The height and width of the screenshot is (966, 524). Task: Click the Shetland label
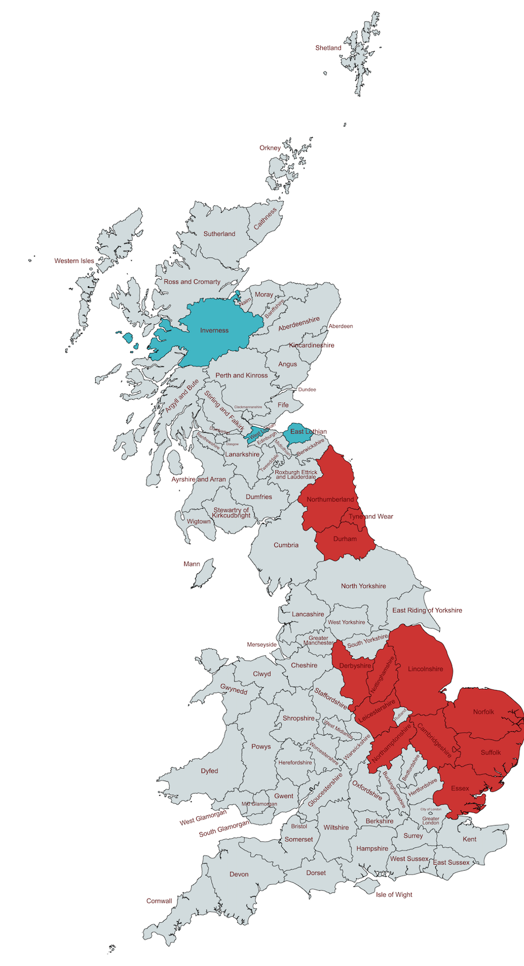(328, 48)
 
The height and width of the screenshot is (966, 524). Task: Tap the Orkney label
(270, 148)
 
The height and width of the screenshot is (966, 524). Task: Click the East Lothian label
(309, 432)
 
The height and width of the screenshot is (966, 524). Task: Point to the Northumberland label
(330, 500)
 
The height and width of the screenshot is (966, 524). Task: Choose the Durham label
(345, 539)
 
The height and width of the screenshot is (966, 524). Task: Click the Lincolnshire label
(425, 669)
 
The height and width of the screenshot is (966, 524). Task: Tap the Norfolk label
(483, 712)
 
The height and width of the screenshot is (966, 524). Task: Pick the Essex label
(460, 788)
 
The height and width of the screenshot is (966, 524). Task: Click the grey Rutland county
(400, 715)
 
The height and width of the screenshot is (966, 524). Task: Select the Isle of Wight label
(394, 895)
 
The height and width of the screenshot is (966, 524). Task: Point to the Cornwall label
(159, 901)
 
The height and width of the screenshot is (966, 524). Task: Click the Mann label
(191, 564)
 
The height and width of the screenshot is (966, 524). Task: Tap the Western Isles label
(74, 261)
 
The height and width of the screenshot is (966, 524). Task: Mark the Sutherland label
(219, 234)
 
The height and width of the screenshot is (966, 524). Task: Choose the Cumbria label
(286, 546)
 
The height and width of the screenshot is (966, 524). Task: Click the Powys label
(261, 747)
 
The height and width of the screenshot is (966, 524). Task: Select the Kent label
(469, 839)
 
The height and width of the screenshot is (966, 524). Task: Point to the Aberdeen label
(341, 326)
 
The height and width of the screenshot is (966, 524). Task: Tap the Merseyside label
(261, 645)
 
